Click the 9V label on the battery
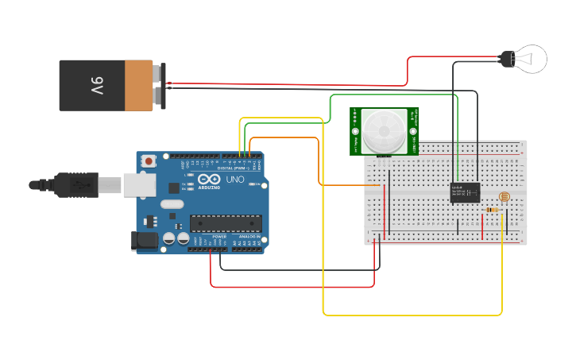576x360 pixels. coord(96,85)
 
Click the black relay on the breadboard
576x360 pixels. coord(465,192)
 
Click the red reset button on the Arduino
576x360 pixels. coord(149,161)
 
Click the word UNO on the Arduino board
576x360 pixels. coord(235,180)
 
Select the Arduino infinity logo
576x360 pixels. coord(205,180)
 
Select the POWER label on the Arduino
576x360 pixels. coord(219,237)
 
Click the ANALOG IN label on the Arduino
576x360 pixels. coord(249,237)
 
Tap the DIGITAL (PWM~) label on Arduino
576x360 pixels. coord(231,168)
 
